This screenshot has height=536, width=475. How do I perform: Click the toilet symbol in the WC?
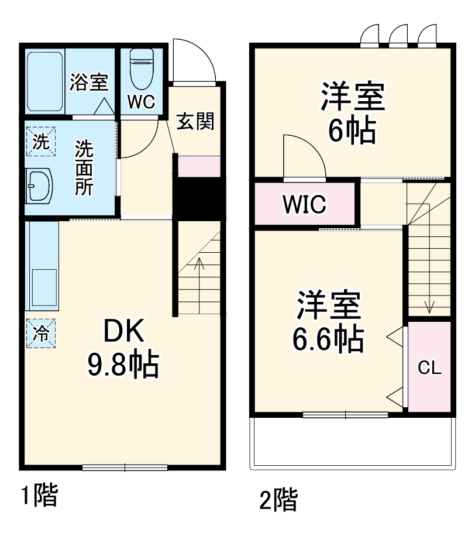[x=140, y=67]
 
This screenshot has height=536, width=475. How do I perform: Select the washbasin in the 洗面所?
[x=40, y=186]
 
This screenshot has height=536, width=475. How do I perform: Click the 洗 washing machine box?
[x=40, y=142]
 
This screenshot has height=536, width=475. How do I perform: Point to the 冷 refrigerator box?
[x=41, y=334]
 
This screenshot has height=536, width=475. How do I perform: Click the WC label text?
[x=141, y=102]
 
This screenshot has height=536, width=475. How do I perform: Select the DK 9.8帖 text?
[x=123, y=350]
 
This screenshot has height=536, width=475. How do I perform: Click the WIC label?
[x=304, y=205]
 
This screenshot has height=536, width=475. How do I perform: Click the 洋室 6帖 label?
[x=352, y=114]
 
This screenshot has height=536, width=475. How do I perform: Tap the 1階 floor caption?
[x=39, y=496]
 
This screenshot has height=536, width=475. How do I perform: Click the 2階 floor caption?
[x=278, y=500]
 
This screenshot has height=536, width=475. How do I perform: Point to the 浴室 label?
[x=89, y=82]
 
